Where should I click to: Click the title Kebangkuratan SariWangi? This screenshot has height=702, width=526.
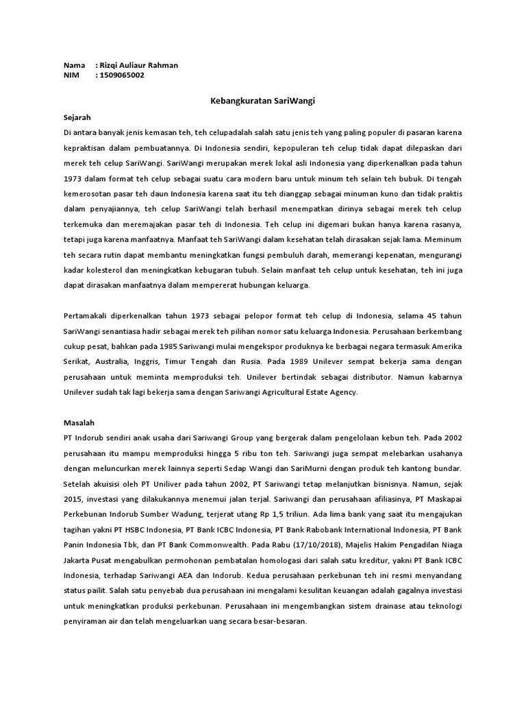tap(262, 101)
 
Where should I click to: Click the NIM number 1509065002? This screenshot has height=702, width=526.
tap(122, 75)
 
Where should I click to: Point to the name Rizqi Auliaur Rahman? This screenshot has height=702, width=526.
tap(139, 65)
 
